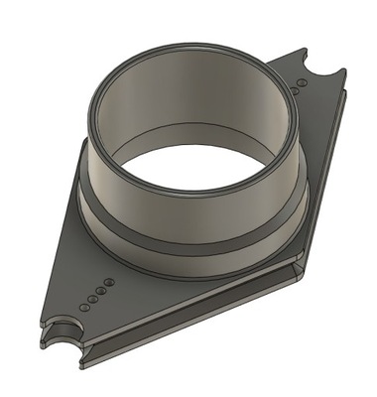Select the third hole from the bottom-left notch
click(99, 290)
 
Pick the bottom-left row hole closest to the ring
click(108, 283)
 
